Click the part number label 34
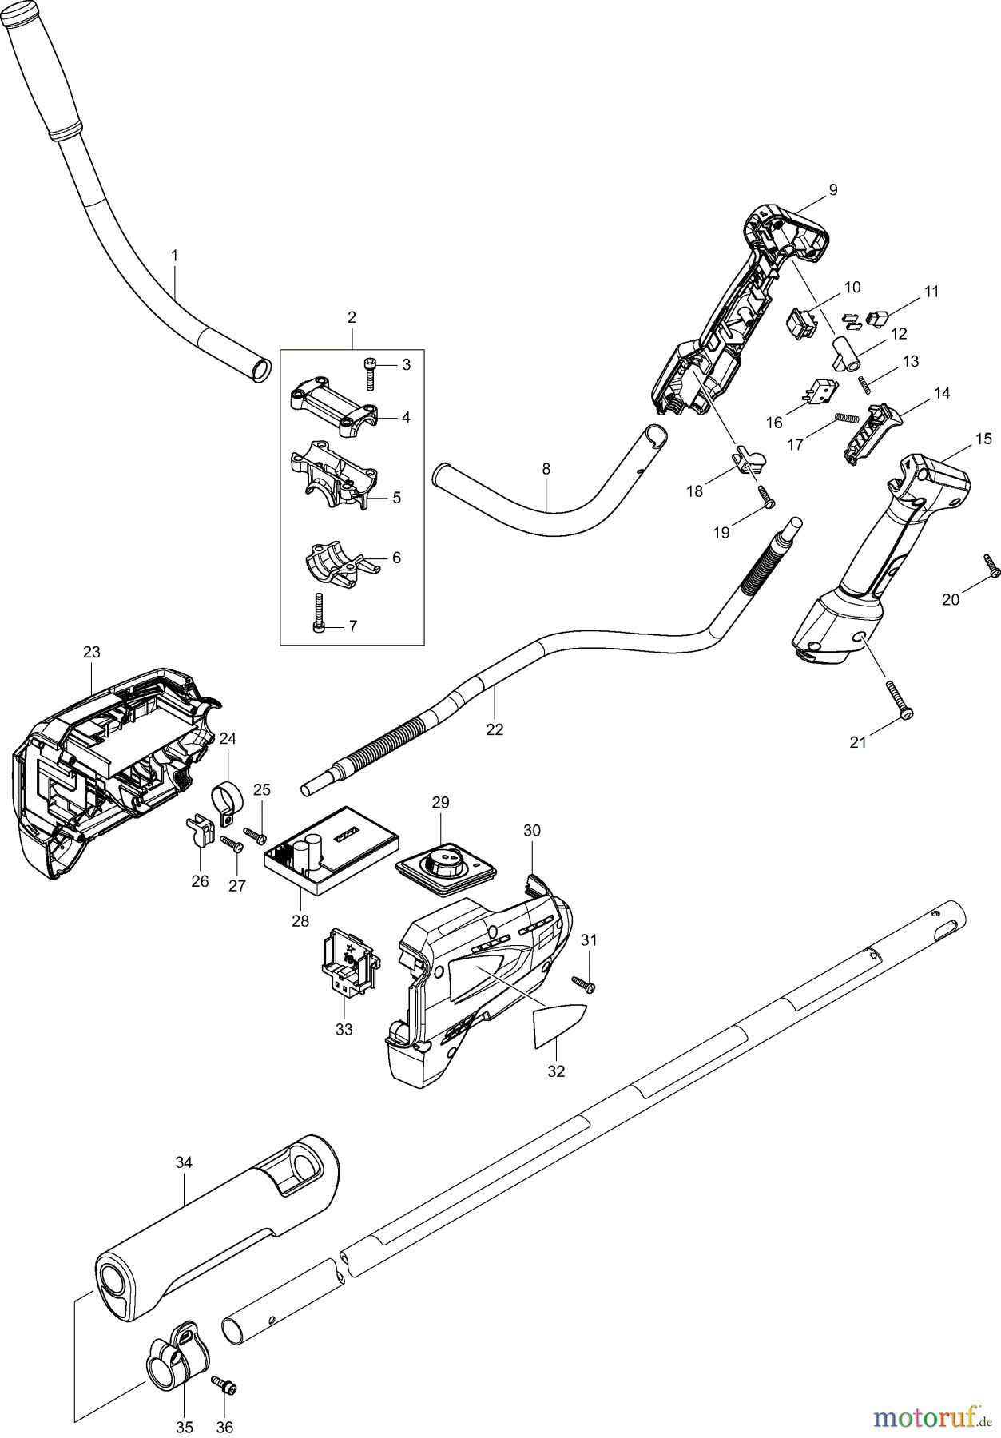click(184, 1162)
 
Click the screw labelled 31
click(583, 983)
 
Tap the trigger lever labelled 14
click(873, 432)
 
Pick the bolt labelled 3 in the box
click(370, 373)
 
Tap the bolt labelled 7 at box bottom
click(319, 614)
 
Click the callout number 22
click(495, 729)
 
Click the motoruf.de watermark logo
click(926, 1416)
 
